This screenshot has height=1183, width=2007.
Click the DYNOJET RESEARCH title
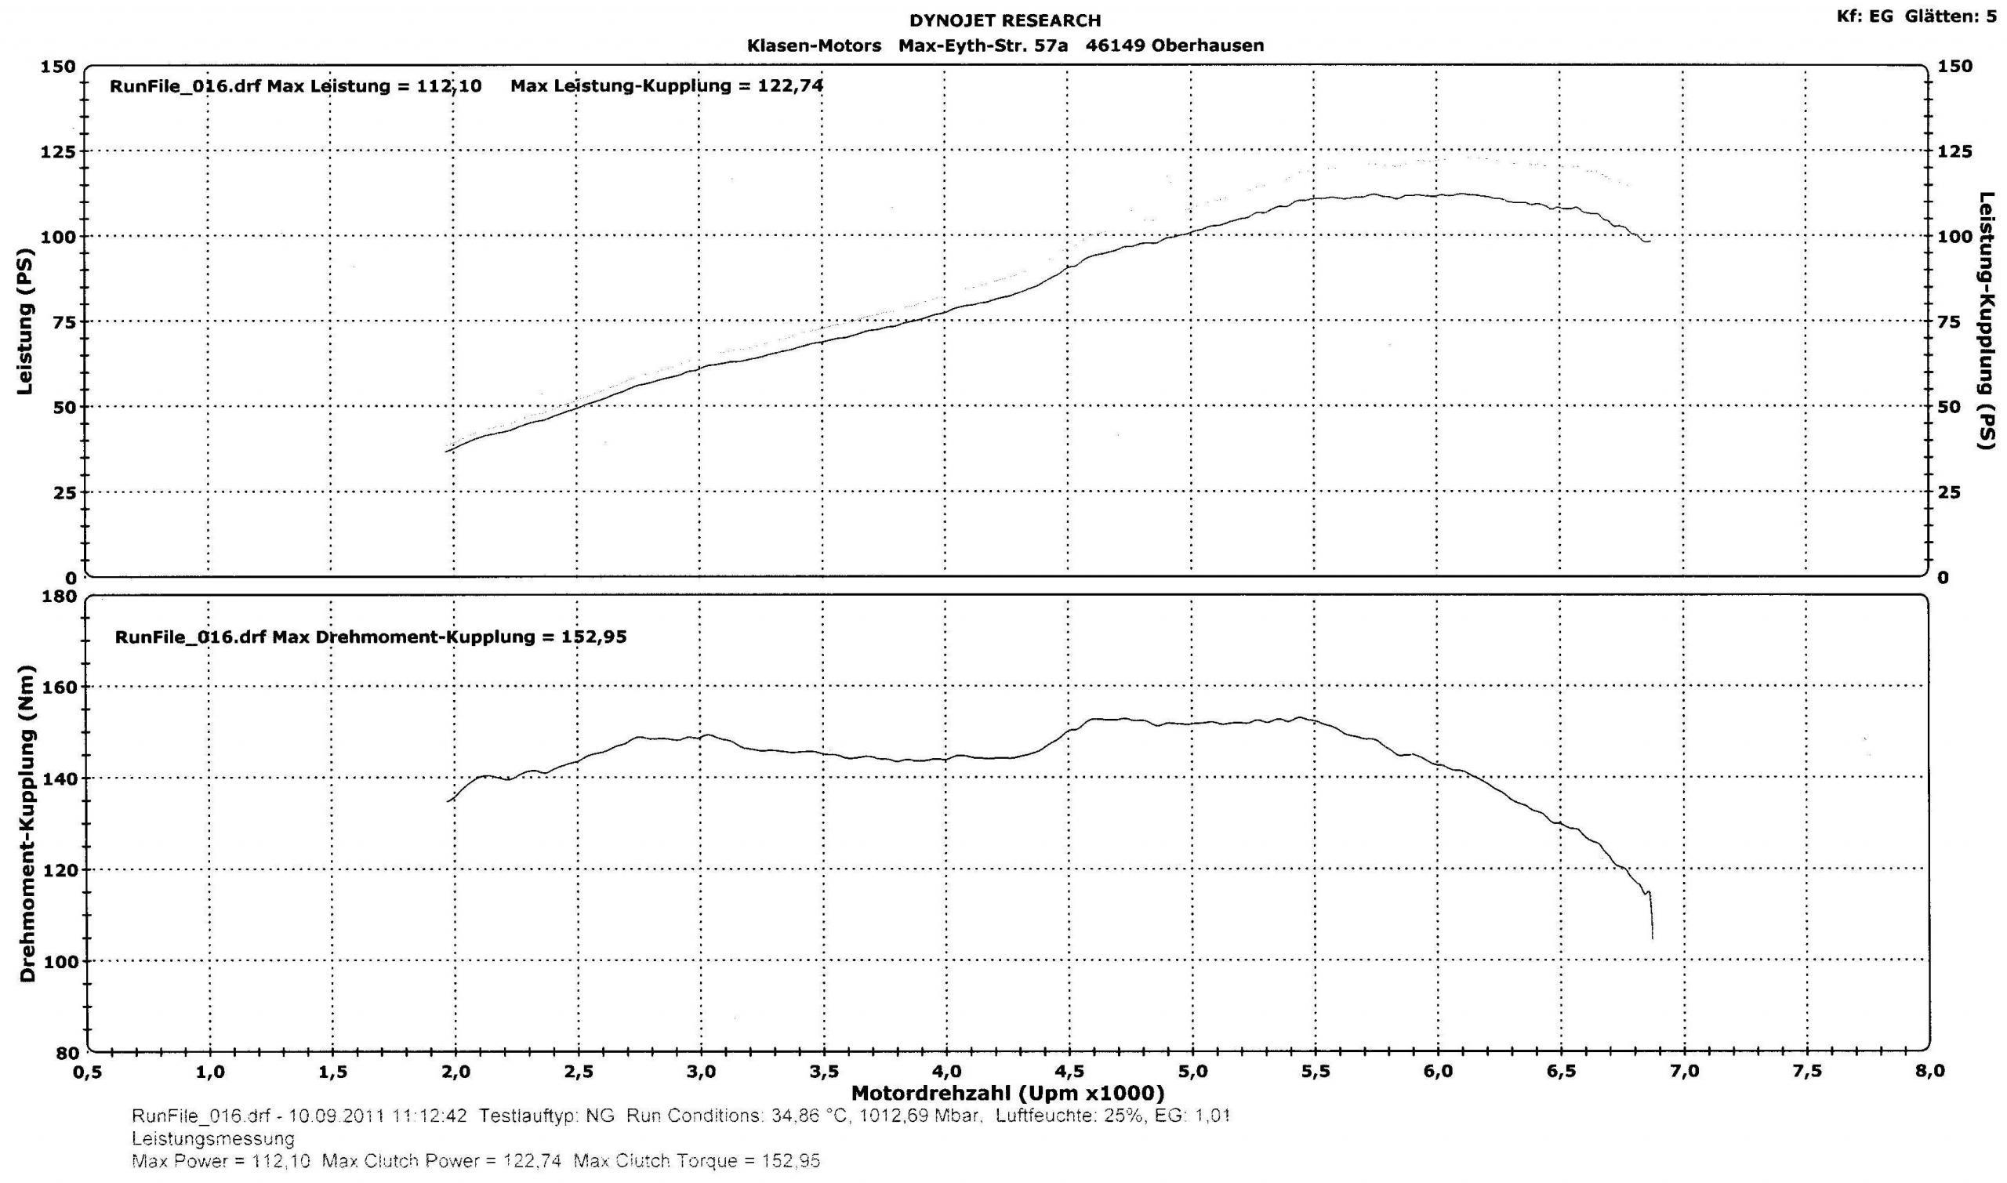tap(1004, 20)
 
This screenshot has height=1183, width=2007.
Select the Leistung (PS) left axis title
tap(26, 323)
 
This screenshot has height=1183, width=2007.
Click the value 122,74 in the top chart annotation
tap(789, 86)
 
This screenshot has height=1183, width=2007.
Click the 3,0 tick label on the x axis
tap(701, 1072)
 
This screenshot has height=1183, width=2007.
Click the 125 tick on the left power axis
tap(57, 151)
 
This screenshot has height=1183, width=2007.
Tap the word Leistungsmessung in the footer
tap(212, 1138)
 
